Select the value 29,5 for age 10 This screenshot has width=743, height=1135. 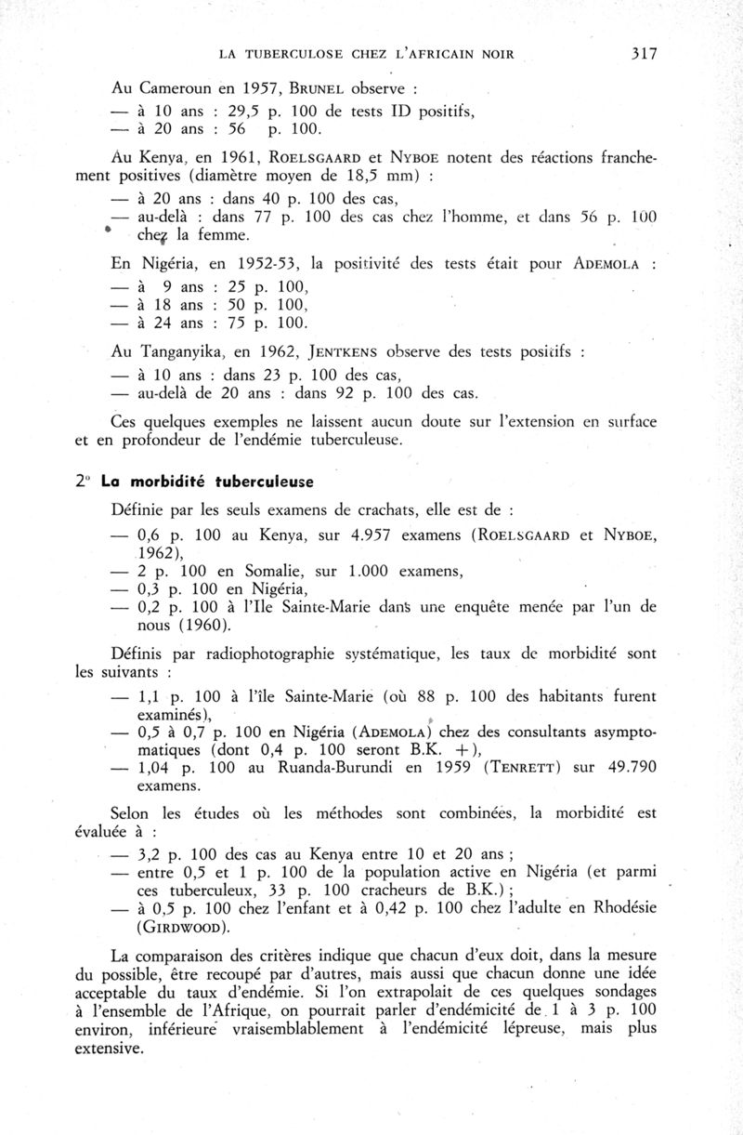tap(234, 112)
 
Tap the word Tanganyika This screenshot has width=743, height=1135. tap(189, 352)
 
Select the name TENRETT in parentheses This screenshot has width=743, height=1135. tap(532, 768)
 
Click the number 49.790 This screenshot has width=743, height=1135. tap(631, 768)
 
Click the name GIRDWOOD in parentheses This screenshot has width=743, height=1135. tap(181, 927)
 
